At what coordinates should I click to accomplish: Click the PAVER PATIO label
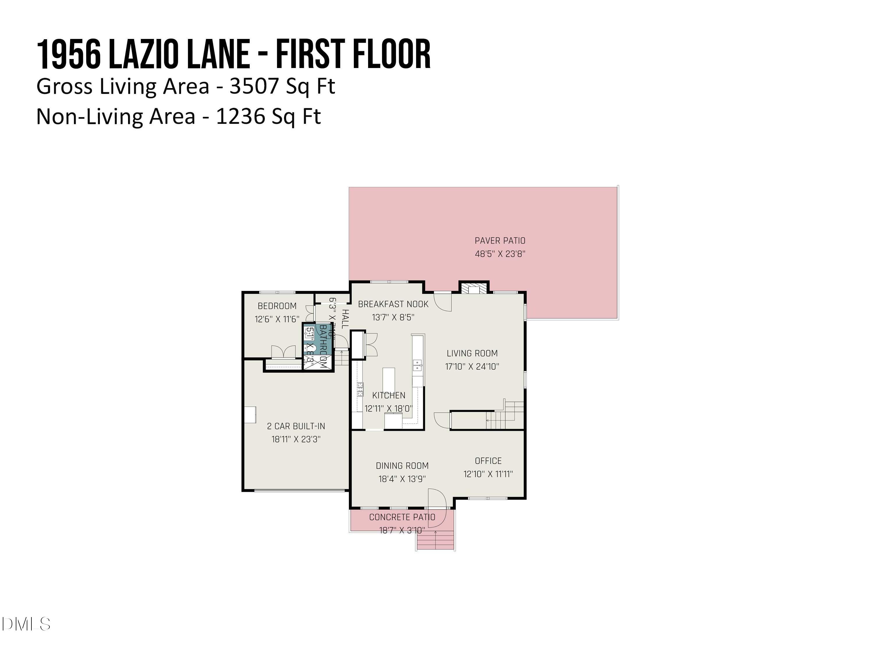point(500,240)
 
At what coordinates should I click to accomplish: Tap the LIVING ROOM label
point(472,353)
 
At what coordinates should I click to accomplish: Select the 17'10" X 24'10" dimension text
point(472,367)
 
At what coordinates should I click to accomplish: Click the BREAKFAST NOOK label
point(393,304)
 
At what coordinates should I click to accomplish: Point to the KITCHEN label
point(389,395)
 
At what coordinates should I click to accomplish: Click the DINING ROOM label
point(402,466)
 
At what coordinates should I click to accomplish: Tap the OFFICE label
point(488,461)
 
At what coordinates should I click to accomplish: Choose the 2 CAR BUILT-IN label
point(296,426)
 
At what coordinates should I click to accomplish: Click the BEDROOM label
point(277,306)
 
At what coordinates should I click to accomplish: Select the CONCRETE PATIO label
point(402,517)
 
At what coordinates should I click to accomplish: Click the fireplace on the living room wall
point(473,289)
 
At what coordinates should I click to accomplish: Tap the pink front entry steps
point(436,540)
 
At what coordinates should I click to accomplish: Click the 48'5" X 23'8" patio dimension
point(500,254)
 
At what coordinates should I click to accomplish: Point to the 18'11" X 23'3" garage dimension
point(296,439)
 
